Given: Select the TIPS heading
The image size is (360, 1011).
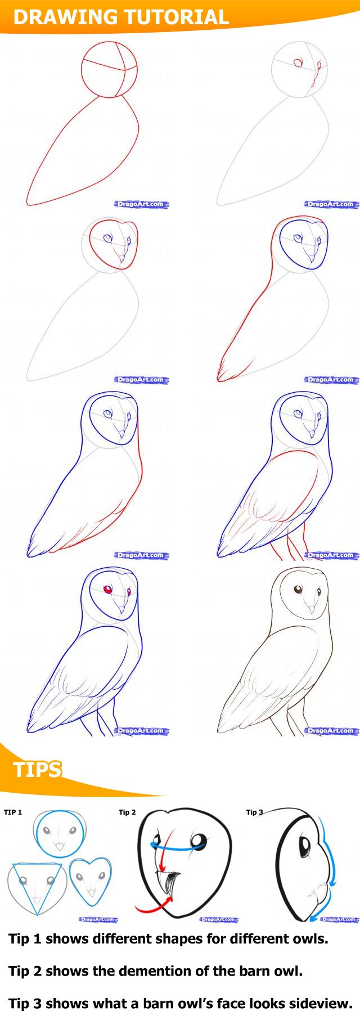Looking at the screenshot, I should tap(37, 769).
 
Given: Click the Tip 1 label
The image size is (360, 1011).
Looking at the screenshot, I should tap(13, 812).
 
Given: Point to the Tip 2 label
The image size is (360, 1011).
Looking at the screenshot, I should tap(127, 812).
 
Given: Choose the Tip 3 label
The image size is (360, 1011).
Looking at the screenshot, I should tap(254, 812).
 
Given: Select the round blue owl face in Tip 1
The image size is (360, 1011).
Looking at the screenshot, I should tap(60, 834).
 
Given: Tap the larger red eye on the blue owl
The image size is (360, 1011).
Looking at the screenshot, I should tap(107, 589).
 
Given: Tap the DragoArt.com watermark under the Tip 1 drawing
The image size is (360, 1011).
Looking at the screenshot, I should tap(98, 919).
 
